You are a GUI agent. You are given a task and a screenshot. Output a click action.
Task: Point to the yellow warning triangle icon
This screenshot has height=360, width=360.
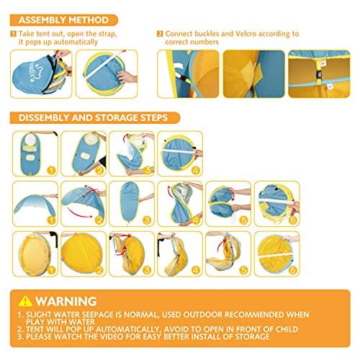tap(25, 301)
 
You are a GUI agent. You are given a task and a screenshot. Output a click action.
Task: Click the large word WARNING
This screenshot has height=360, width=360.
tap(66, 301)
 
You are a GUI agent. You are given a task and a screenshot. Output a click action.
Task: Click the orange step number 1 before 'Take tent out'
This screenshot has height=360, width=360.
tap(14, 34)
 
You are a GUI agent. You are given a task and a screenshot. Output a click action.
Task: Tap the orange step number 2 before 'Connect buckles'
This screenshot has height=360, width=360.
tap(160, 34)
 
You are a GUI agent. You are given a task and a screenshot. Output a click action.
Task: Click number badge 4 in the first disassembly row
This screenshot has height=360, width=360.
tap(196, 171)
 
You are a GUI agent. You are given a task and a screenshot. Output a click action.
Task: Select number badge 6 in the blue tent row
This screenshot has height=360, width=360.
tap(292, 220)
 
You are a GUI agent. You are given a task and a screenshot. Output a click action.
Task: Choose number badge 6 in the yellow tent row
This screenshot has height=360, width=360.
tap(292, 270)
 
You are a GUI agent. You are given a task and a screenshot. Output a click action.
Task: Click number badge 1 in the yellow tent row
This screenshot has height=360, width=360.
tap(51, 270)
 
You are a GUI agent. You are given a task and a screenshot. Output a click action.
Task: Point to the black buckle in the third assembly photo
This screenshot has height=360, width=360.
tap(319, 75)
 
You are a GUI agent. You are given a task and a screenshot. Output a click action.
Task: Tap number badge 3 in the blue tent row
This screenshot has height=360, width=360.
tap(147, 220)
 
